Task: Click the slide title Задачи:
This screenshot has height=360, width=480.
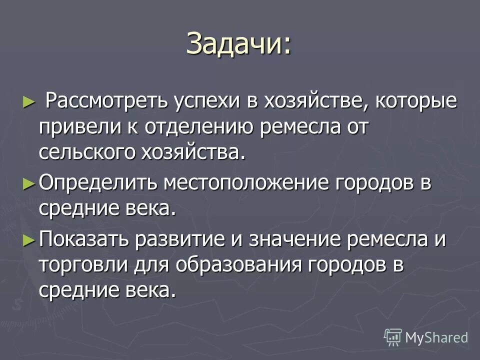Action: coord(238,43)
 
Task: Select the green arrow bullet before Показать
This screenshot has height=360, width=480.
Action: coord(29,239)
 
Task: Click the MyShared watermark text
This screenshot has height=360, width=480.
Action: coord(436,337)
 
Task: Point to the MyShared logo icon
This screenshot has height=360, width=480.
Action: coord(392,337)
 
